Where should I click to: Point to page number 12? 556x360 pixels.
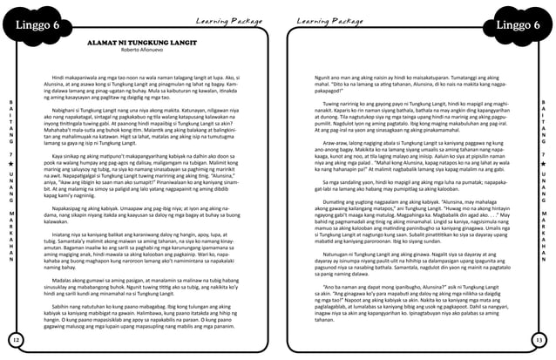pyautogui.click(x=16, y=338)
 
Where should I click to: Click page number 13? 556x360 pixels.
pyautogui.click(x=539, y=338)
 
